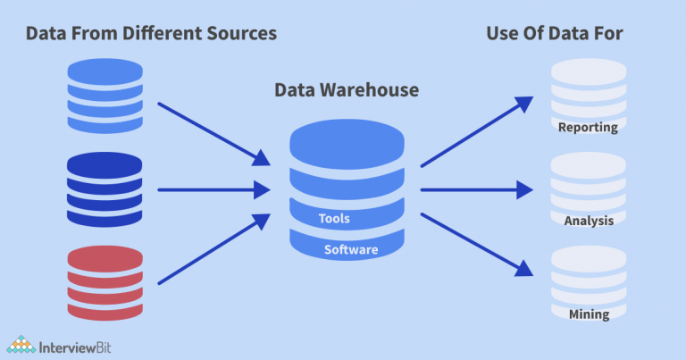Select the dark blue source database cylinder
105,189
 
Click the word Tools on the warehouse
334,218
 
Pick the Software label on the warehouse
350,249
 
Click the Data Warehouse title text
346,90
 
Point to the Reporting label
588,127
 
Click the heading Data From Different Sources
151,34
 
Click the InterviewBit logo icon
21,343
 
